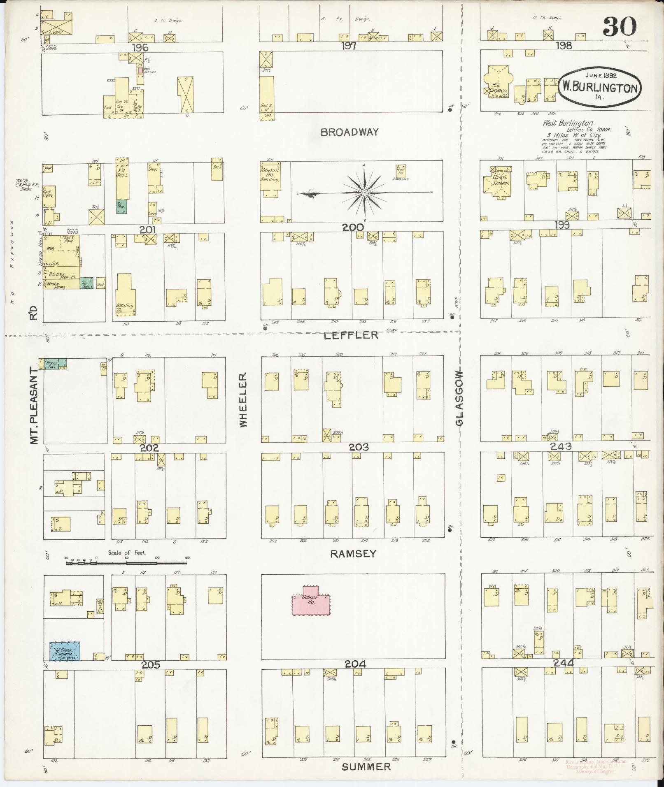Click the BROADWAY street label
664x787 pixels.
tap(349, 132)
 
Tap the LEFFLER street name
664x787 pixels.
tap(351, 335)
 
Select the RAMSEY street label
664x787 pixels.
tap(353, 554)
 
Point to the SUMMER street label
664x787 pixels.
tap(366, 767)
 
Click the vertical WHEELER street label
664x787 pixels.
tap(243, 399)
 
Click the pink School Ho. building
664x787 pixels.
tap(311, 601)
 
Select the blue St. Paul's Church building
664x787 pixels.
tap(65, 651)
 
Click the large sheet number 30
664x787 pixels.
tap(620, 27)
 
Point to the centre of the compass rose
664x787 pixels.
tap(365, 193)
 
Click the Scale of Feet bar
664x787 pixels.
tap(127, 563)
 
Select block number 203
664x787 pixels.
tap(359, 447)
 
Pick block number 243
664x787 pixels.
tap(560, 446)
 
